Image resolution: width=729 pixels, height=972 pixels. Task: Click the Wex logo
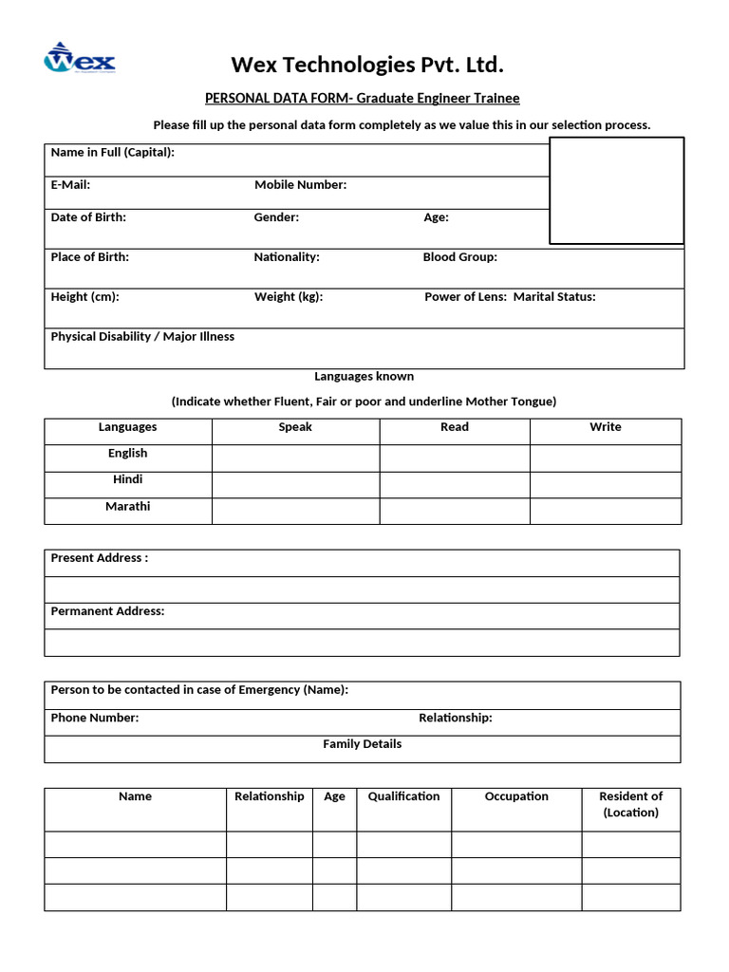click(80, 59)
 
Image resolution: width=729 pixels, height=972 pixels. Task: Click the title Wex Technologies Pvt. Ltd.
click(367, 65)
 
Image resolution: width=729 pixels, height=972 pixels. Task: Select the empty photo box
click(616, 191)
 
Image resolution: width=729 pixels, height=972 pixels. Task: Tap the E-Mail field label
click(70, 185)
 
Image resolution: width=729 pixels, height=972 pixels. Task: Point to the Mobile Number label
click(300, 185)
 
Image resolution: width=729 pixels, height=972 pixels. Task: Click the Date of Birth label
click(88, 217)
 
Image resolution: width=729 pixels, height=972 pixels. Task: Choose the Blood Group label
click(459, 257)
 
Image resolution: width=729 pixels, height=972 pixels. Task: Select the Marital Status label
click(554, 297)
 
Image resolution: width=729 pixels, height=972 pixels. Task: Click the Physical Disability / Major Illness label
click(142, 337)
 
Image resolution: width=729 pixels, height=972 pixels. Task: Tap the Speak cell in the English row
click(295, 458)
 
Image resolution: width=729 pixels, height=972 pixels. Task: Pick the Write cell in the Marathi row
click(605, 511)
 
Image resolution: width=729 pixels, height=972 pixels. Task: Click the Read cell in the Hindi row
click(454, 484)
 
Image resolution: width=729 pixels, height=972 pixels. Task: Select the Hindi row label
click(128, 480)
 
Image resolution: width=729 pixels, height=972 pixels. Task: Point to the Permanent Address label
click(107, 611)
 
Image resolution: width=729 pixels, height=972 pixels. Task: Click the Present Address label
click(99, 558)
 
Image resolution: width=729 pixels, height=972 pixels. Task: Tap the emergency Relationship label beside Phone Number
click(456, 719)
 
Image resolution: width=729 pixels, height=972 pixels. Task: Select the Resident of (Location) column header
click(630, 804)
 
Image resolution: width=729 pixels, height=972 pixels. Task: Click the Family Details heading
click(362, 744)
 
